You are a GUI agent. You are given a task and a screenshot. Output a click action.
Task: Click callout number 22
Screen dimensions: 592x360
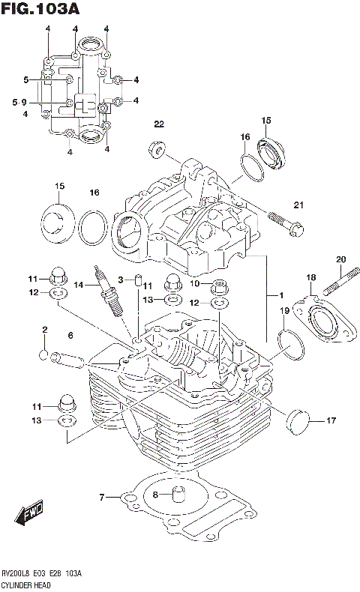pos(158,124)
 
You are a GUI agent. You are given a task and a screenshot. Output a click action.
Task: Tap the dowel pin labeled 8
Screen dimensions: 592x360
pos(178,495)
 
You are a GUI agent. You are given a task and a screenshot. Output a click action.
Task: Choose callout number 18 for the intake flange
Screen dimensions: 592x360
pos(310,277)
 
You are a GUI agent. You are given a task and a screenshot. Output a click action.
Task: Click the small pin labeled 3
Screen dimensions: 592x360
pos(138,281)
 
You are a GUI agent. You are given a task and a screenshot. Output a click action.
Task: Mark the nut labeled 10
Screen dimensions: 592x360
pos(220,285)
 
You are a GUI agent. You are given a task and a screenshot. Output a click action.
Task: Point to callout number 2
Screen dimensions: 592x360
pos(44,329)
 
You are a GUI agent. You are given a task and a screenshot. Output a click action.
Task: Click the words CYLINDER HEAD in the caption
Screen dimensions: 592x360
pos(26,584)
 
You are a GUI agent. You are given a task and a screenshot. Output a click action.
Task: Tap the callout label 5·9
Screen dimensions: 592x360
pos(19,102)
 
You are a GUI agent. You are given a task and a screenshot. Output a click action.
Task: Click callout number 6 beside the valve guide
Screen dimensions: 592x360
pos(70,335)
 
